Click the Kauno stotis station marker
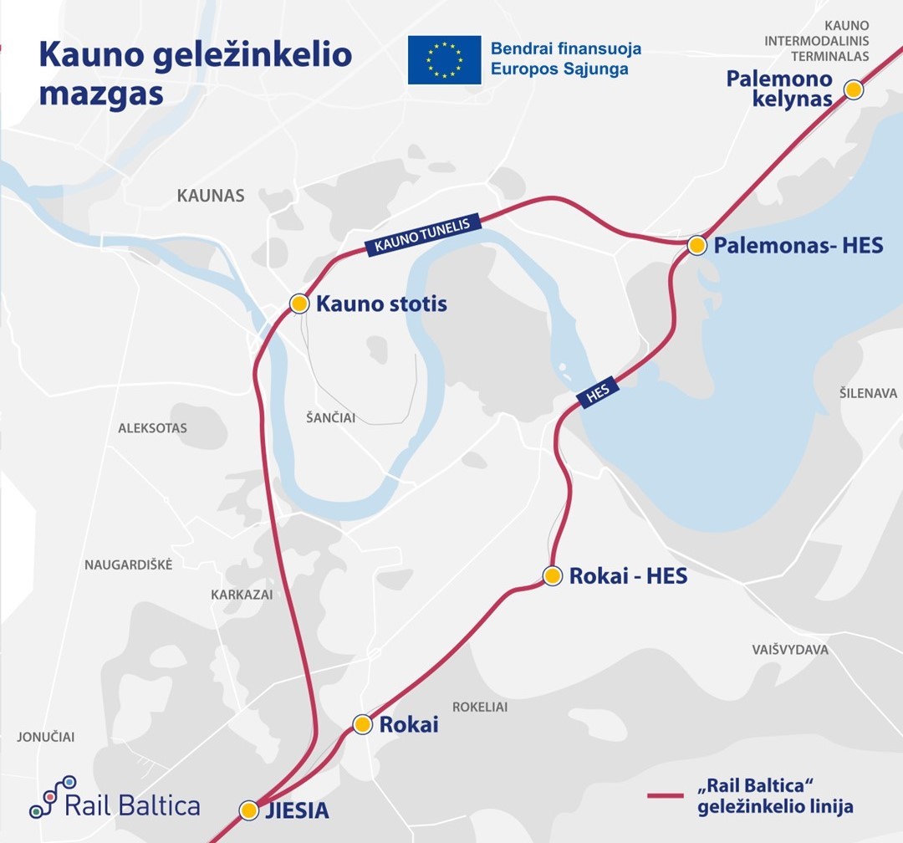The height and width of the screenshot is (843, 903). click(x=299, y=303)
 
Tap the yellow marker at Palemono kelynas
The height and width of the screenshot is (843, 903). click(x=853, y=89)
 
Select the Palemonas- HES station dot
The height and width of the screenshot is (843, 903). click(x=696, y=245)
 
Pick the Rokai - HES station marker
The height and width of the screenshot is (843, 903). click(x=552, y=575)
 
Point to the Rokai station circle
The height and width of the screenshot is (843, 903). click(x=362, y=724)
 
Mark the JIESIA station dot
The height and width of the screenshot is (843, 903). click(x=249, y=810)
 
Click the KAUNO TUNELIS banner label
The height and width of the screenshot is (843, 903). click(x=424, y=233)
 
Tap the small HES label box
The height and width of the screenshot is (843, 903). click(x=597, y=392)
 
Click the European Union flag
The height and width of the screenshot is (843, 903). click(x=444, y=59)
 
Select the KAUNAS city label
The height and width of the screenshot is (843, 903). click(x=211, y=196)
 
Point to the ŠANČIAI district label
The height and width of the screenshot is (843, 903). click(x=332, y=417)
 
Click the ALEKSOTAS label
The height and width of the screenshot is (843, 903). click(x=152, y=428)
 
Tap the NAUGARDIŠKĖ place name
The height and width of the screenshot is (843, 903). click(x=128, y=565)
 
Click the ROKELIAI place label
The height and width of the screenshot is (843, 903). click(x=480, y=707)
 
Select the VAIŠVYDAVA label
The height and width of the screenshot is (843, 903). click(x=790, y=650)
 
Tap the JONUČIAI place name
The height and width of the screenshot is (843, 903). click(x=46, y=737)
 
